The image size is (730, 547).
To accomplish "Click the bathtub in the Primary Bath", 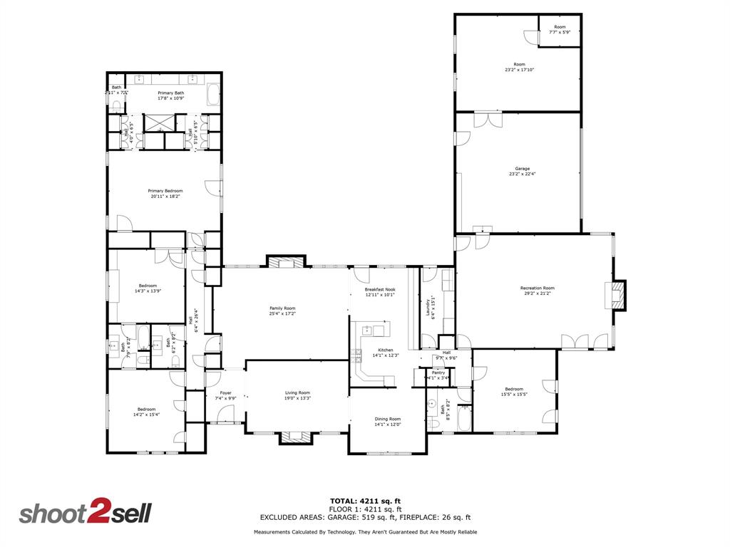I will (x=213, y=95).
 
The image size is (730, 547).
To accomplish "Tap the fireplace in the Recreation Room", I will (x=617, y=295).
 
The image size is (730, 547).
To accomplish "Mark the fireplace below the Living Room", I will (x=296, y=437).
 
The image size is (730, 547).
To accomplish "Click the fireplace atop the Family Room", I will (x=286, y=261).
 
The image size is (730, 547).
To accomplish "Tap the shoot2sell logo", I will (x=85, y=514).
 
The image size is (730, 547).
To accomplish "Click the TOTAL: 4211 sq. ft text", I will (x=365, y=501).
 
